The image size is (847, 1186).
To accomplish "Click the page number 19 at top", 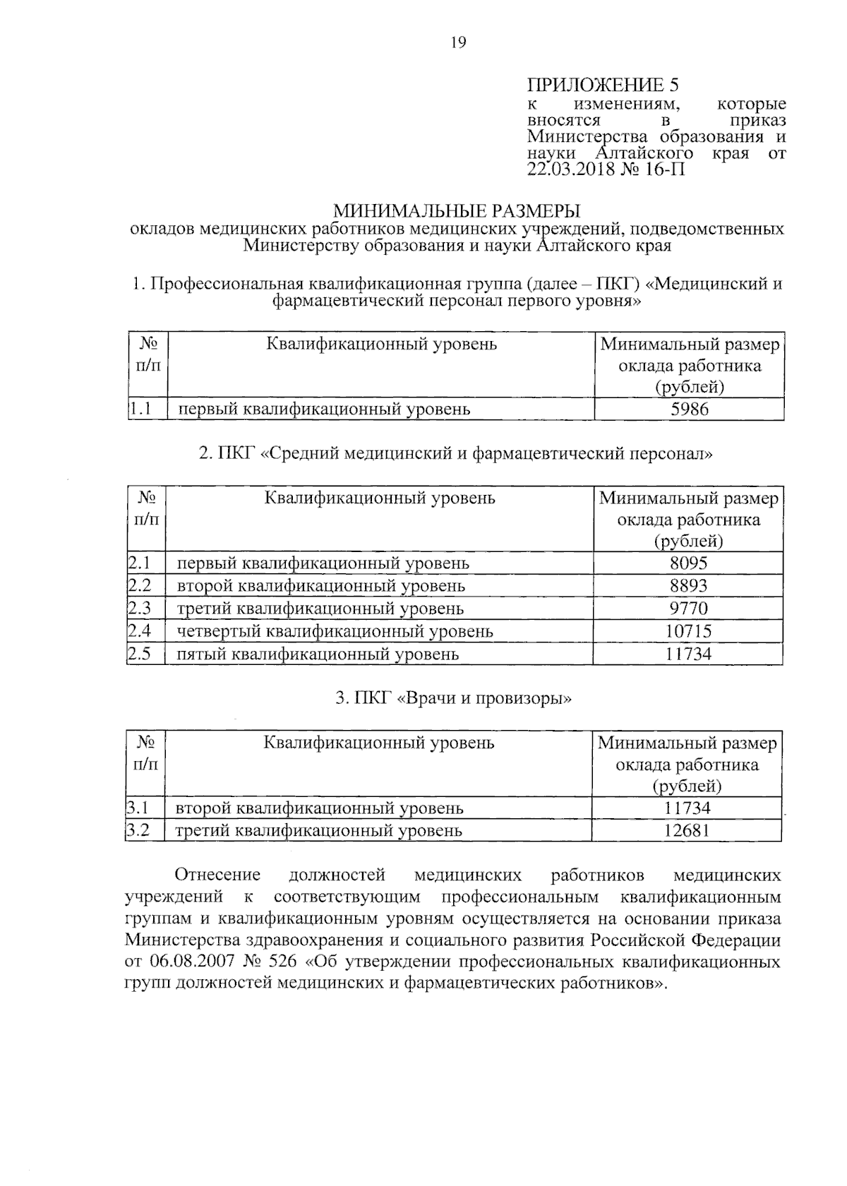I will tap(457, 43).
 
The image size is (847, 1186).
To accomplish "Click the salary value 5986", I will tap(689, 409).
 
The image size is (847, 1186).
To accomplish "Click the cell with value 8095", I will tap(688, 563).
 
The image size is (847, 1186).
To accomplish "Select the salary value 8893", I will tap(688, 585).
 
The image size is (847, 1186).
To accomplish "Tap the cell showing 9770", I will tap(688, 608).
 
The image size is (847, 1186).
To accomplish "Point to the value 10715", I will tap(688, 630).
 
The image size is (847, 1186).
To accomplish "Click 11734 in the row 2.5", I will tap(688, 654).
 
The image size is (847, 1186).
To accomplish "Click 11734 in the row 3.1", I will tap(687, 808).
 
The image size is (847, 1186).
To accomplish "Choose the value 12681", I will tap(687, 830).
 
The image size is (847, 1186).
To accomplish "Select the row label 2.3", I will tap(140, 608).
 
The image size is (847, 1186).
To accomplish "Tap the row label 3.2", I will tap(138, 830).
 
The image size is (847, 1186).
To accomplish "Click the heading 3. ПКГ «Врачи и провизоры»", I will tap(454, 698).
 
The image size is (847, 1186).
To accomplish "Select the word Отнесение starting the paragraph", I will tap(217, 875).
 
